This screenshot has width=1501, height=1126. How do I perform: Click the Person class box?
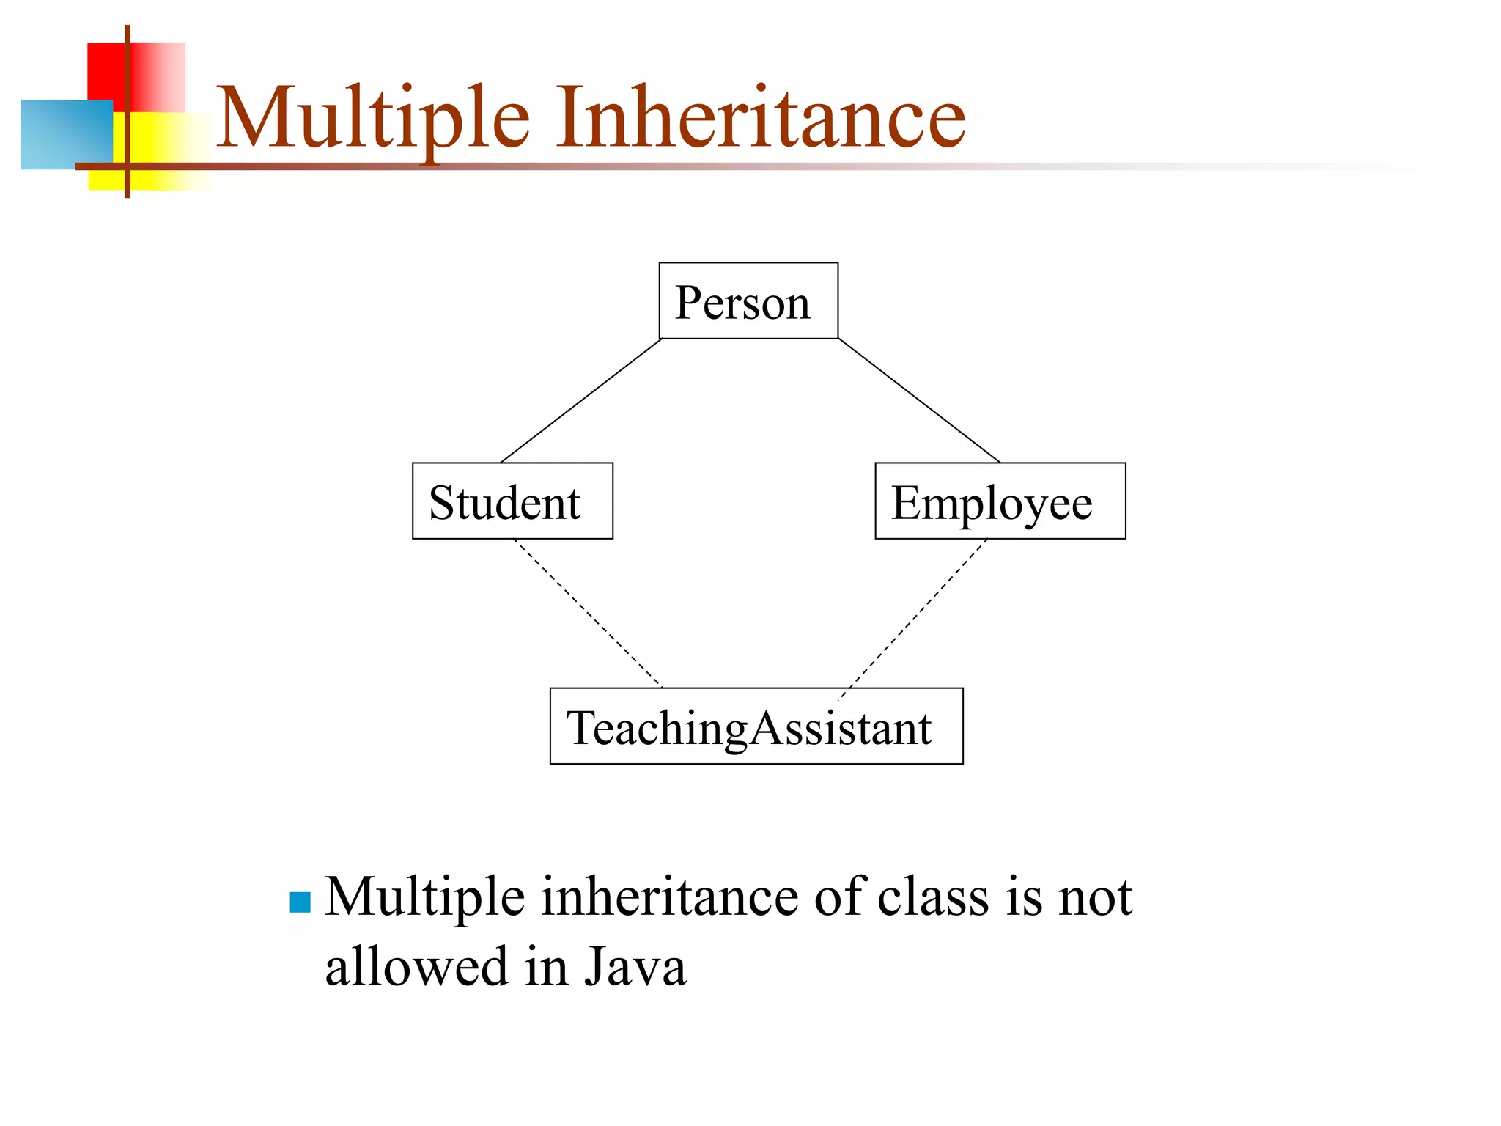[x=748, y=301]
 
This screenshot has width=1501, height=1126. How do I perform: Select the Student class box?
[x=512, y=501]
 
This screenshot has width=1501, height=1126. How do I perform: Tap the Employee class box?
[x=1000, y=501]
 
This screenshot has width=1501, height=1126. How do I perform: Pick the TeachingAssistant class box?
[x=756, y=726]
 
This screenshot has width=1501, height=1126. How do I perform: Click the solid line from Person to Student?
[x=580, y=400]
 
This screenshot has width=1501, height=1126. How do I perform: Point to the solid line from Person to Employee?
[x=919, y=400]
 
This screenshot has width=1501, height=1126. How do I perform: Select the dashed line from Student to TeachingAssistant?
[x=588, y=614]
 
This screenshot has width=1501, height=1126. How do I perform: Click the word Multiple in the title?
[x=372, y=117]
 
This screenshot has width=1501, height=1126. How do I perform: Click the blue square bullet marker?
[x=300, y=902]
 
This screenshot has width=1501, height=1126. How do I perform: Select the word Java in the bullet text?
[x=635, y=966]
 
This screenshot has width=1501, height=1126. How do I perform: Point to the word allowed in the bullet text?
[x=416, y=966]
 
